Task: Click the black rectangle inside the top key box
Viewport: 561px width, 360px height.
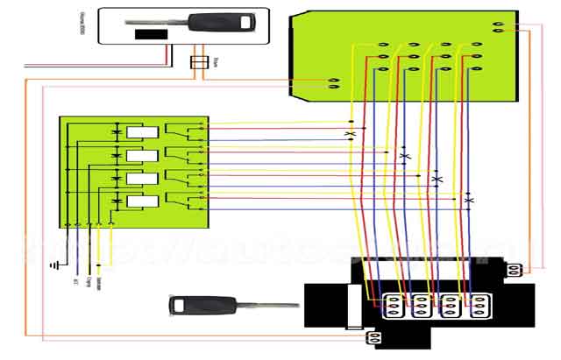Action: tap(151, 34)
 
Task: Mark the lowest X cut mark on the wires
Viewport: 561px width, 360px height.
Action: tap(469, 201)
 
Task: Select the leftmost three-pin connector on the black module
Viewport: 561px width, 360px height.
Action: tap(394, 303)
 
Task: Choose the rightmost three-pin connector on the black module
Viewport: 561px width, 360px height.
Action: tap(479, 303)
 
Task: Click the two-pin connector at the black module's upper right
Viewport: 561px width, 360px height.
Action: tap(515, 270)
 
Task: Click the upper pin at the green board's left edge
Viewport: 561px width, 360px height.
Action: tap(333, 80)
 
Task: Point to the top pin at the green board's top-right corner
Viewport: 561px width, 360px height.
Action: tap(498, 24)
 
